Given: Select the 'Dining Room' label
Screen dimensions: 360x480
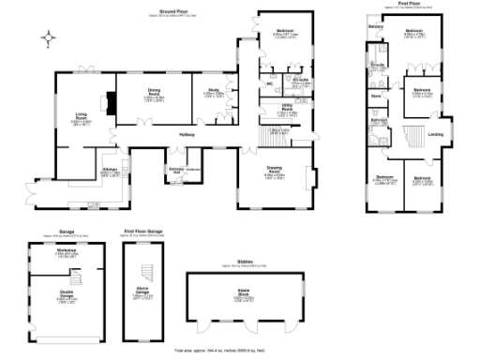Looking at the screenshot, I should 155,91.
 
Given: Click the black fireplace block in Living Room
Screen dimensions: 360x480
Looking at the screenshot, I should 112,103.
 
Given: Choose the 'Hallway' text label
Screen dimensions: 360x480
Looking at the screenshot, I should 187,135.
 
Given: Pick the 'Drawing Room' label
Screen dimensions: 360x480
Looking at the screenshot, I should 275,171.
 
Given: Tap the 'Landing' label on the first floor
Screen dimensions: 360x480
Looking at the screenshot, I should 435,134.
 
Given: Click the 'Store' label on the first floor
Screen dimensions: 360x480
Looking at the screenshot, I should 375,96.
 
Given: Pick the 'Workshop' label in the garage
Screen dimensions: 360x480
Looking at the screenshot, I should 66,251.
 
